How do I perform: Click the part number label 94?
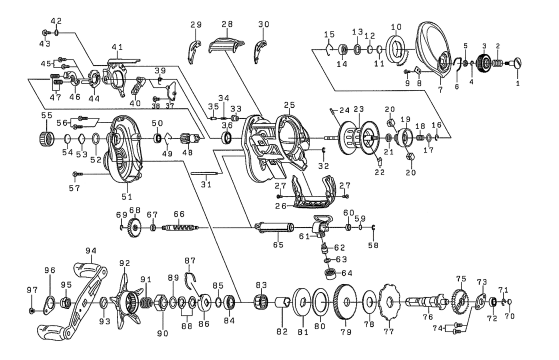[x=90, y=250]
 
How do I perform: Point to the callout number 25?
[x=289, y=105]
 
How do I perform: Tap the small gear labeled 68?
[x=134, y=228]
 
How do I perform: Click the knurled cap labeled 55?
[x=47, y=137]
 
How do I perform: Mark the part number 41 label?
[x=117, y=47]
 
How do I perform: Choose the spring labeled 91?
[x=146, y=303]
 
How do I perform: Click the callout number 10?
[x=396, y=26]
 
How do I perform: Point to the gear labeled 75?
[x=460, y=300]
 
